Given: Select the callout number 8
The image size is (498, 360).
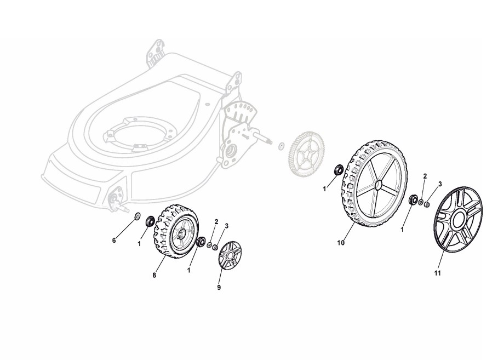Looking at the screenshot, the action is (154, 276).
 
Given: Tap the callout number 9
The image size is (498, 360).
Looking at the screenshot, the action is (219, 288).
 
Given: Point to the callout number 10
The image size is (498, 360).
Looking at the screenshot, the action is (340, 243).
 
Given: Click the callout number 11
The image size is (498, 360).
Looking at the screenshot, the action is (438, 273).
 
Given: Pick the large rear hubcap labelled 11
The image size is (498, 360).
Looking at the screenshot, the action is (457, 219).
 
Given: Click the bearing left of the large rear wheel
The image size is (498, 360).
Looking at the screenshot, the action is (339, 169).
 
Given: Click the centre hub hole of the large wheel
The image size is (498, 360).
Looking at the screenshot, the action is (378, 184).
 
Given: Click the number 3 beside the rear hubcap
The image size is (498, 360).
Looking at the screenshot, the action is (440, 184).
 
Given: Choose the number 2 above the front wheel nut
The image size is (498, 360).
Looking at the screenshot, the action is (216, 221).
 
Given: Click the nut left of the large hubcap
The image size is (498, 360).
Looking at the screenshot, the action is (427, 204).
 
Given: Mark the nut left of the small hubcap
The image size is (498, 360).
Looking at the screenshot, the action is (215, 247).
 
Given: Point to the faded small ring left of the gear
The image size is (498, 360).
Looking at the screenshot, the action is (281, 146).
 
